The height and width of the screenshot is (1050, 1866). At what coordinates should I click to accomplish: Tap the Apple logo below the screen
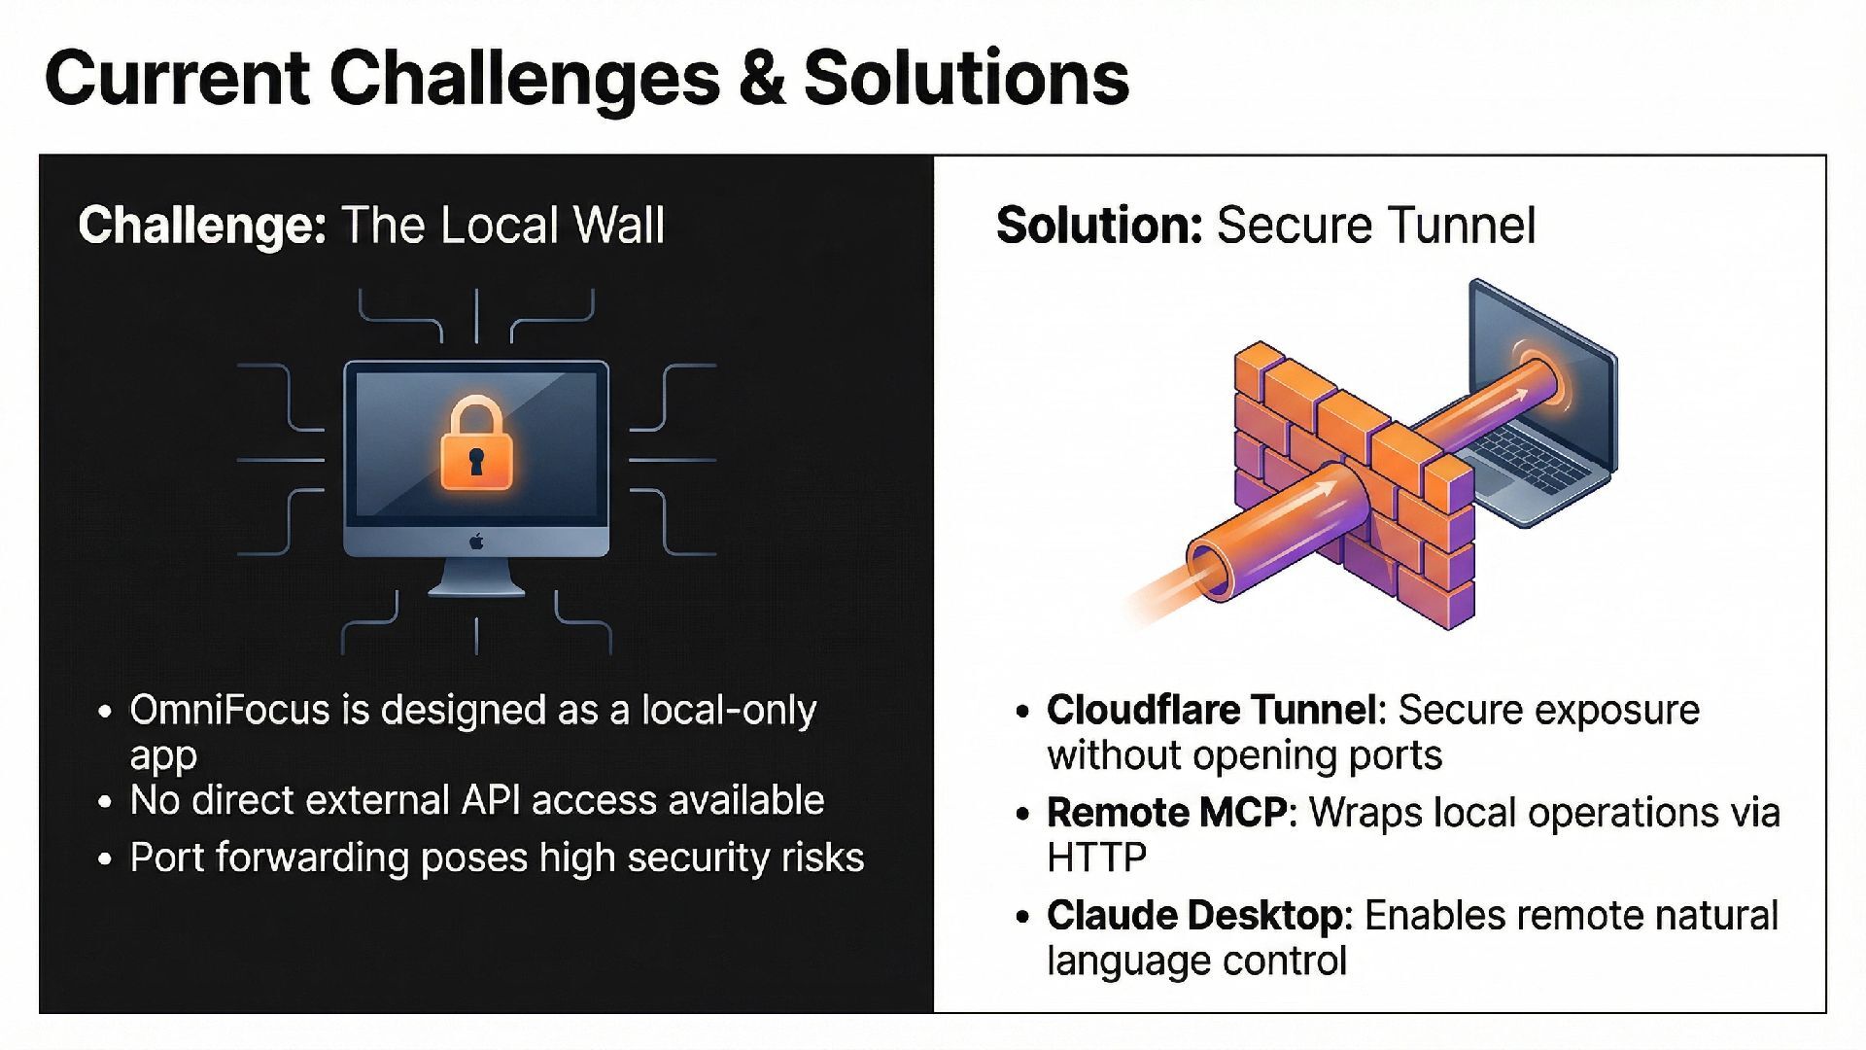tap(476, 542)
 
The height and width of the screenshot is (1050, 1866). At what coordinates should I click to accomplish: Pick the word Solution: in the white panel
tap(1099, 226)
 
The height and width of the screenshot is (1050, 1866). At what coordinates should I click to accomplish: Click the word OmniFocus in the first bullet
tap(229, 711)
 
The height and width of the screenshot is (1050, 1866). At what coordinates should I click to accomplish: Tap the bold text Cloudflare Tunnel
tap(1215, 711)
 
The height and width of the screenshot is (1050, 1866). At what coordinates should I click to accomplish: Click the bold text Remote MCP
tap(1167, 813)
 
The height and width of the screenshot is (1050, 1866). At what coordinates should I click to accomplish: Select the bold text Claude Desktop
tap(1198, 916)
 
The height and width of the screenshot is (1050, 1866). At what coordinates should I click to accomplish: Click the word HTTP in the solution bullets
tap(1096, 857)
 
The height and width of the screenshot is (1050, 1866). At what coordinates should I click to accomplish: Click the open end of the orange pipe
tap(1208, 570)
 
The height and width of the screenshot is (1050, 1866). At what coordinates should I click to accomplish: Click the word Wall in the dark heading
tap(618, 226)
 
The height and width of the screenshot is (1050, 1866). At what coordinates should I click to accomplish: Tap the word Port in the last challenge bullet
tap(166, 857)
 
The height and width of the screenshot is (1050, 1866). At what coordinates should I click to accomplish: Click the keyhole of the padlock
tap(475, 461)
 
